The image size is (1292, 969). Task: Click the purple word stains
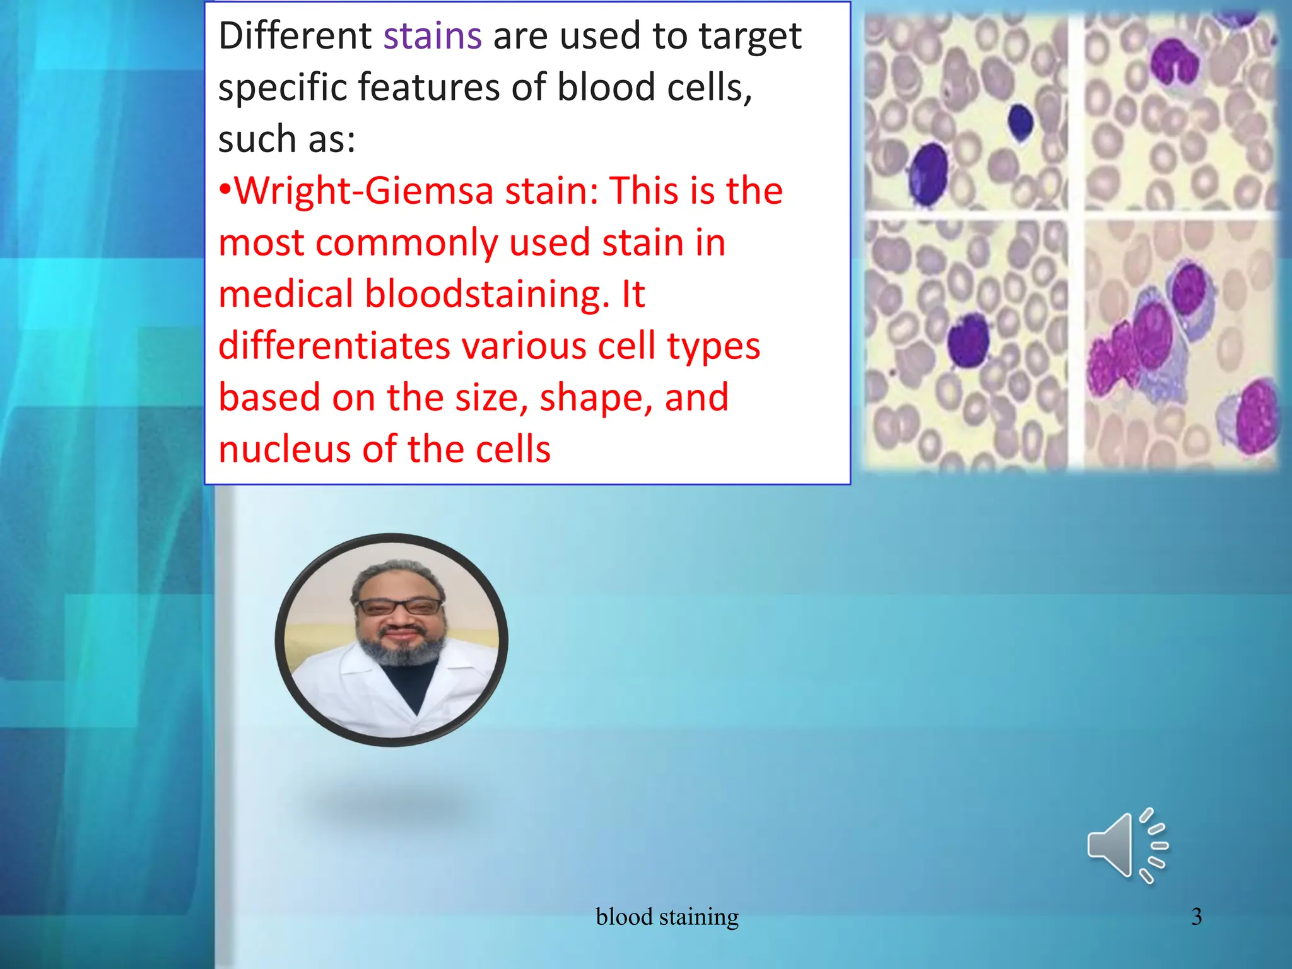point(433,36)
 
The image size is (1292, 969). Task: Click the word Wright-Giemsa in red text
point(363,191)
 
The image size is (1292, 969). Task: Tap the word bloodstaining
point(487,295)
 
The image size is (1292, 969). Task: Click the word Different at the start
point(295,36)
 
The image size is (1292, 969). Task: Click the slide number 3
point(1196,917)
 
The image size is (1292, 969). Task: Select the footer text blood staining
point(667,917)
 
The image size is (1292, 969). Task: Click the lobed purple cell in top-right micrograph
point(1175,63)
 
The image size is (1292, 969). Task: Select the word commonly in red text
point(406,243)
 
